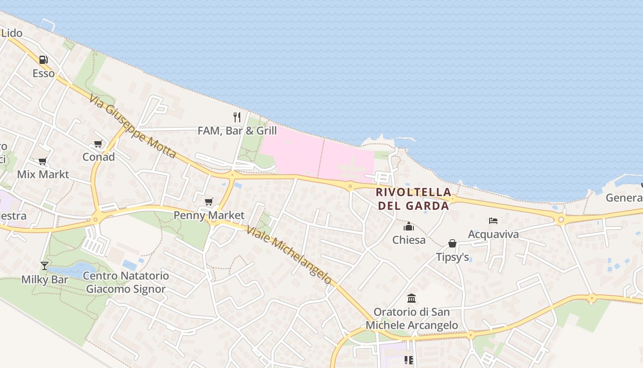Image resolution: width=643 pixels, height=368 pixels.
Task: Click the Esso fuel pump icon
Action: tap(43, 59)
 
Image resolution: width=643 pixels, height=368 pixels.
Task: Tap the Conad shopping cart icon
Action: tap(98, 144)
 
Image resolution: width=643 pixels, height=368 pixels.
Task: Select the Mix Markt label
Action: tap(43, 174)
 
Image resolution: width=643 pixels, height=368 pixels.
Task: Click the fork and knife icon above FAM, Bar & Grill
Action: tap(237, 117)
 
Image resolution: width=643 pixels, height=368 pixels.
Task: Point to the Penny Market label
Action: tap(209, 215)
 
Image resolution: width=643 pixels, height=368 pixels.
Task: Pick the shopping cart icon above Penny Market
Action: tap(209, 201)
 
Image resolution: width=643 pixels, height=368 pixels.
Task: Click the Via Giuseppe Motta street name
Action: tap(133, 126)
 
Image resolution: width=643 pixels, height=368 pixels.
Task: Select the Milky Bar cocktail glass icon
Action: tap(45, 266)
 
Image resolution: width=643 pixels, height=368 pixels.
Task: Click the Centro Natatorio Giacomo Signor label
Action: tap(126, 282)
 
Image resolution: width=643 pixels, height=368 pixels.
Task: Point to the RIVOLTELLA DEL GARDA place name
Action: tap(413, 199)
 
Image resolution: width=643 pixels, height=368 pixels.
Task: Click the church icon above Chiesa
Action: tap(409, 226)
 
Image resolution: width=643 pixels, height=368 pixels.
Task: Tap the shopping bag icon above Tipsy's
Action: tap(452, 243)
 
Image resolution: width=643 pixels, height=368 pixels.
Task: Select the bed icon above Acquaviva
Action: tap(493, 221)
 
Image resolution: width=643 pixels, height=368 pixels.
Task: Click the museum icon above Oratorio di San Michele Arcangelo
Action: tap(412, 299)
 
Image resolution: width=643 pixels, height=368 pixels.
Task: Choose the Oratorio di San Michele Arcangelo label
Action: tap(412, 318)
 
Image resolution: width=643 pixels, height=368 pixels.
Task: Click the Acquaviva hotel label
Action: tap(493, 234)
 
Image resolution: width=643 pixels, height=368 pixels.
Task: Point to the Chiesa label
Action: tap(409, 240)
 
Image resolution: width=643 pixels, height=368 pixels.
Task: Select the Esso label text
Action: tap(43, 73)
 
